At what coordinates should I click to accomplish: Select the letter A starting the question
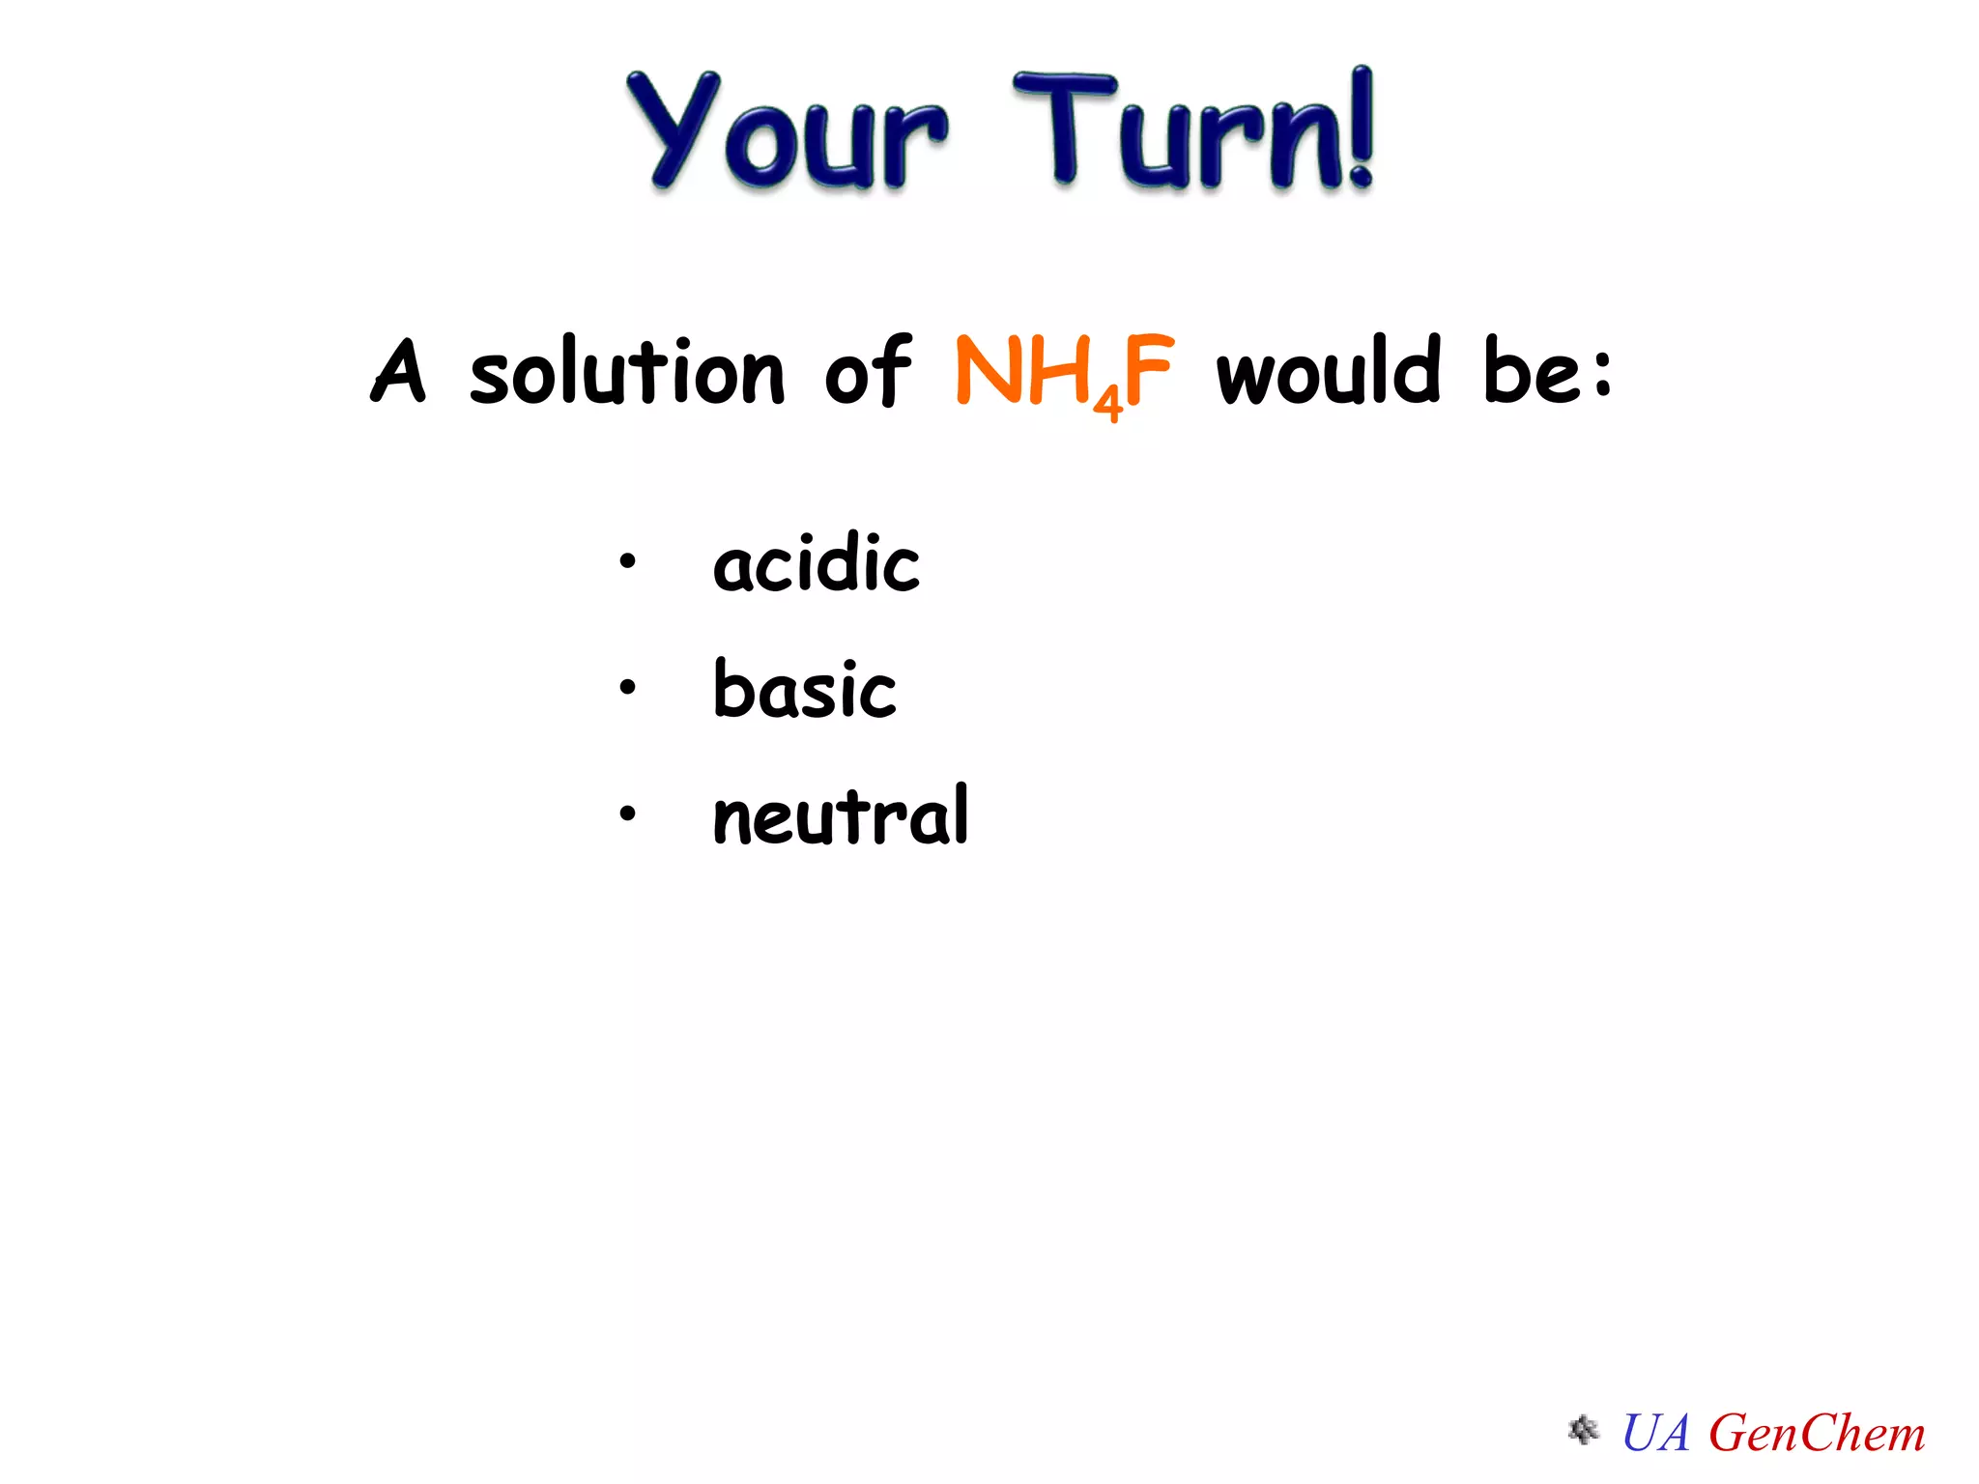pos(398,371)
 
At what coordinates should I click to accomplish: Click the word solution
pos(627,371)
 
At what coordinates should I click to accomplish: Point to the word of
pos(868,371)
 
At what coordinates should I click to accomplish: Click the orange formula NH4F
pos(1064,373)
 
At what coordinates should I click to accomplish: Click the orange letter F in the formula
pos(1149,370)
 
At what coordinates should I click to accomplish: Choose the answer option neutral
pos(840,816)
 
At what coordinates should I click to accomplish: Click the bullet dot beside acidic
pos(628,561)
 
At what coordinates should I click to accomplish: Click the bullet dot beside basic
pos(628,688)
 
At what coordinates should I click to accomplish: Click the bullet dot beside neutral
pos(628,814)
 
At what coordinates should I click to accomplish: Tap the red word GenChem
pos(1817,1433)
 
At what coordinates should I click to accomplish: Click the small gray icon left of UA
pos(1583,1430)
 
